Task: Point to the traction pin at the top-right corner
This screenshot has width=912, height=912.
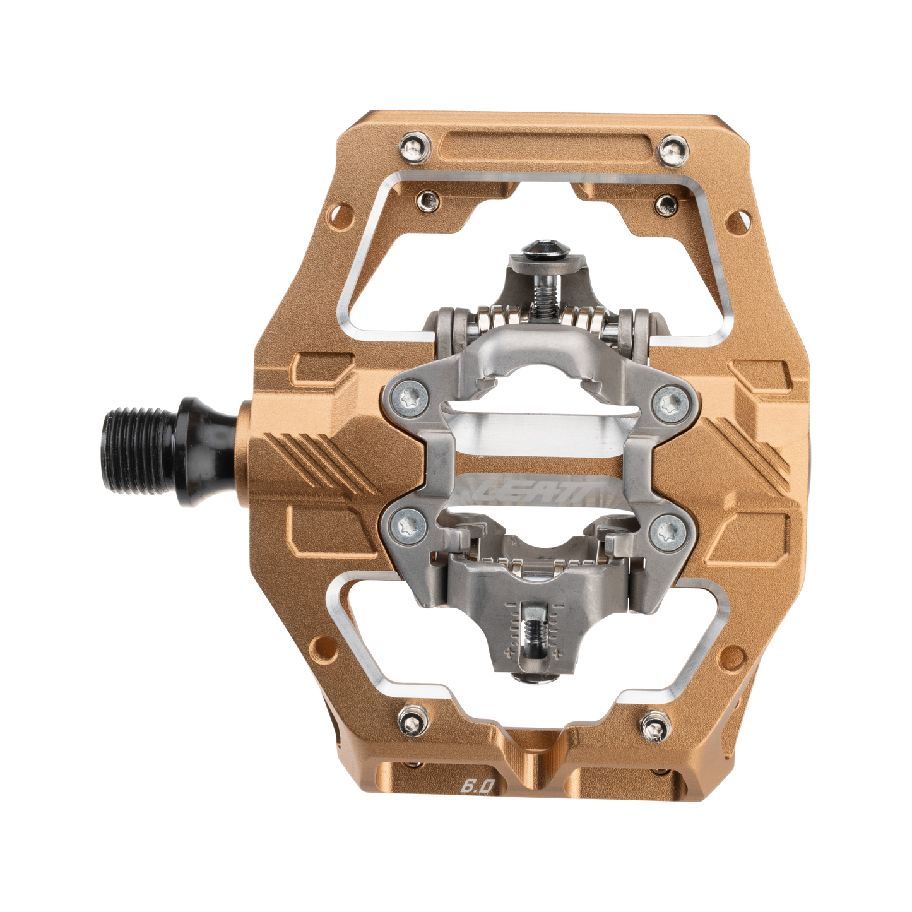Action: point(672,151)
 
